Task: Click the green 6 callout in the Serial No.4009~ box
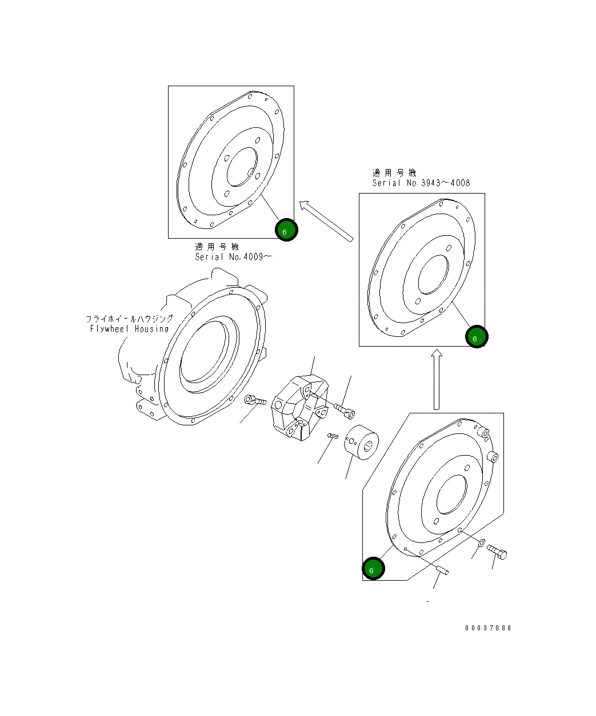tap(286, 230)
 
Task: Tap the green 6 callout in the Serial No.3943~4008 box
tap(477, 337)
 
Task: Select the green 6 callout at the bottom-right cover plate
tap(373, 568)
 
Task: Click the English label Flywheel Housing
tap(129, 329)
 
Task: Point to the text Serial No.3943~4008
tap(421, 183)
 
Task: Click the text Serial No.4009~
tap(233, 257)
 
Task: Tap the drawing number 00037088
tap(488, 628)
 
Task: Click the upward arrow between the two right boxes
tap(437, 380)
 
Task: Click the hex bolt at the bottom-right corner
tap(498, 552)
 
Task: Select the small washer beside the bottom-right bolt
tap(481, 542)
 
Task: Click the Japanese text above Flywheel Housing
tap(129, 319)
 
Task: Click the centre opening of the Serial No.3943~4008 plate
tap(434, 275)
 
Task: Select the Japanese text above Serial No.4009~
tap(217, 247)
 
